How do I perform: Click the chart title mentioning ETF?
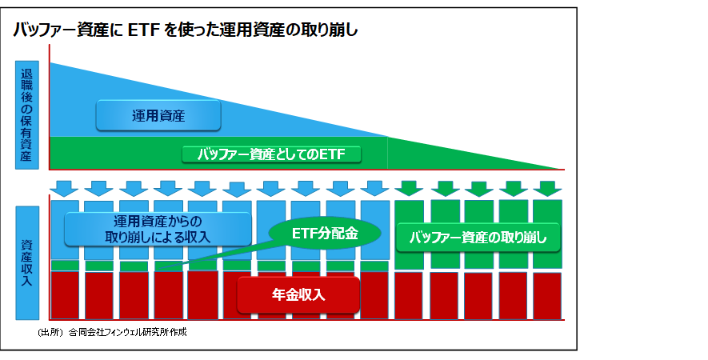pyautogui.click(x=185, y=30)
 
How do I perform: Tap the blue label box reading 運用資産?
pyautogui.click(x=158, y=116)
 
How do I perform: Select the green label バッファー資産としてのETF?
pyautogui.click(x=271, y=154)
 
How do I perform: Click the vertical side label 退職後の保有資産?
pyautogui.click(x=27, y=115)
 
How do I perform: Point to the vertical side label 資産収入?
pyautogui.click(x=27, y=263)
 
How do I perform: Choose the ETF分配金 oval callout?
pyautogui.click(x=325, y=233)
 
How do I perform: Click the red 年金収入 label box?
pyautogui.click(x=298, y=294)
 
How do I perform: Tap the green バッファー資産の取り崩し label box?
pyautogui.click(x=478, y=238)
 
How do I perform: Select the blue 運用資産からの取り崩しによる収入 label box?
pyautogui.click(x=158, y=229)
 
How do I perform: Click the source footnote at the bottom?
pyautogui.click(x=112, y=333)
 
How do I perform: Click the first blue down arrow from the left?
pyautogui.click(x=64, y=188)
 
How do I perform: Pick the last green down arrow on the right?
pyautogui.click(x=547, y=188)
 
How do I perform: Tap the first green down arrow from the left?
pyautogui.click(x=409, y=188)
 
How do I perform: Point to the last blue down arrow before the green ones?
pyautogui.click(x=374, y=188)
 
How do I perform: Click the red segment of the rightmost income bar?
pyautogui.click(x=547, y=296)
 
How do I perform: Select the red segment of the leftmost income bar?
pyautogui.click(x=65, y=295)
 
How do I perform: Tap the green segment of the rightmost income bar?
pyautogui.click(x=547, y=234)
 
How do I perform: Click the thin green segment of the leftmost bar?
pyautogui.click(x=65, y=266)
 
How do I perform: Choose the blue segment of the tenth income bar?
pyautogui.click(x=374, y=230)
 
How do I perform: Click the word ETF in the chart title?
pyautogui.click(x=142, y=30)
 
